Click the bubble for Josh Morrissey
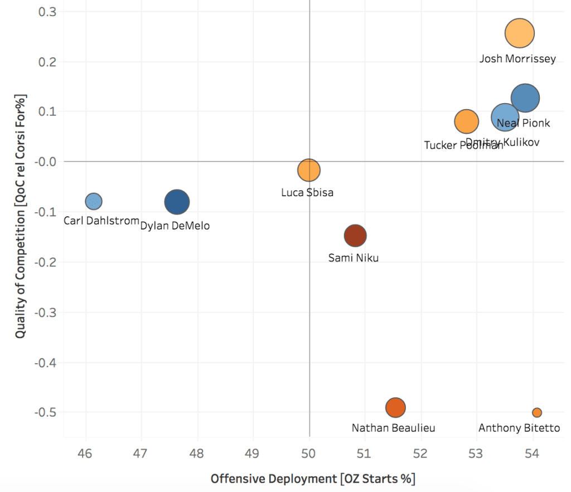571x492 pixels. (520, 33)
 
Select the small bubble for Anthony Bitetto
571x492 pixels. (537, 412)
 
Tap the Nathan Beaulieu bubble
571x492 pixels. (395, 407)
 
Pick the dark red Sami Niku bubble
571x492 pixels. (355, 235)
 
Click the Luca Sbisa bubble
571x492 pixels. (309, 170)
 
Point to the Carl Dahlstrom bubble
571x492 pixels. (94, 201)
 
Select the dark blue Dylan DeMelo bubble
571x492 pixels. (177, 202)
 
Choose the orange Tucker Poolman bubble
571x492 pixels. (467, 121)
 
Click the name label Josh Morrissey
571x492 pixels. (517, 59)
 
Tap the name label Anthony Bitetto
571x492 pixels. (519, 428)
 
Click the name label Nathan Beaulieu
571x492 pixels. (393, 428)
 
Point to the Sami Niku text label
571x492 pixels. (354, 258)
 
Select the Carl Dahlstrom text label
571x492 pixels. (101, 221)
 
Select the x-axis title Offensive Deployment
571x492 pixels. (312, 479)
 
